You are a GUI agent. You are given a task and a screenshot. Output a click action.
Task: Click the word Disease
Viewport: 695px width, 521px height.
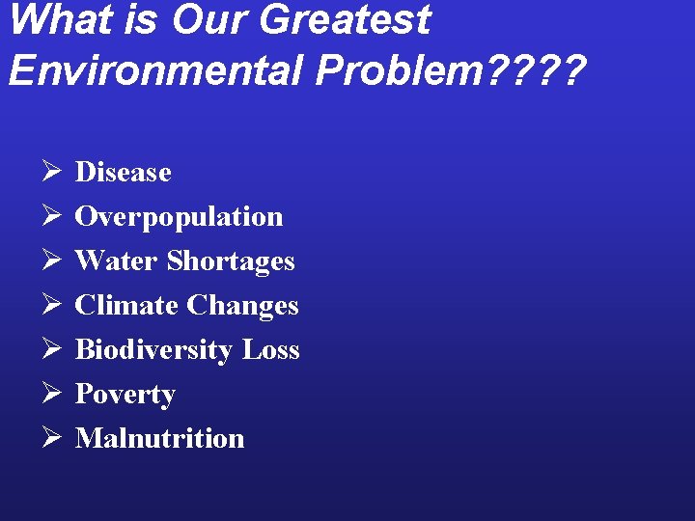pyautogui.click(x=123, y=173)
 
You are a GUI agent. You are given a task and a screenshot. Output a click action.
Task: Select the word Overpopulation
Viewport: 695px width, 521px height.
pyautogui.click(x=179, y=217)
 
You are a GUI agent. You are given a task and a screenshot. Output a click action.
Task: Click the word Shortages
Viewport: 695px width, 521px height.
pyautogui.click(x=231, y=261)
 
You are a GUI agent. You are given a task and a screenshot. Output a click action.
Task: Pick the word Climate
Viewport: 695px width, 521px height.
pyautogui.click(x=126, y=306)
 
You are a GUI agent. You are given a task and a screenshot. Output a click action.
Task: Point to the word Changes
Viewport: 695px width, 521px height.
pyautogui.click(x=242, y=306)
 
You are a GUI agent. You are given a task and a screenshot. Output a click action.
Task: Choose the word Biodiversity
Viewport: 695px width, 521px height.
pyautogui.click(x=154, y=350)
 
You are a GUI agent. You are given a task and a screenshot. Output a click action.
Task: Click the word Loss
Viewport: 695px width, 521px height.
pyautogui.click(x=270, y=350)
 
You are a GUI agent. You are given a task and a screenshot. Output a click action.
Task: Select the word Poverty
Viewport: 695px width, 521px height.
pyautogui.click(x=125, y=395)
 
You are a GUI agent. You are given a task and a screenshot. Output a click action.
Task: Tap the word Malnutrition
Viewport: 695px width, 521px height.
pyautogui.click(x=159, y=438)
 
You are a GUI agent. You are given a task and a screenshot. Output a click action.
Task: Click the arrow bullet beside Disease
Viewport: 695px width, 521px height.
pyautogui.click(x=52, y=173)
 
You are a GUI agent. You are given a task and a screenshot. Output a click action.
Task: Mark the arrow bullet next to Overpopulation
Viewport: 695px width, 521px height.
pyautogui.click(x=52, y=217)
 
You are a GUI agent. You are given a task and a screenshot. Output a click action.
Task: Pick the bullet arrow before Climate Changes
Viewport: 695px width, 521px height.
pyautogui.click(x=52, y=306)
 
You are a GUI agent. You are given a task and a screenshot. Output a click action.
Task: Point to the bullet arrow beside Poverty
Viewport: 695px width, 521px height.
pyautogui.click(x=52, y=394)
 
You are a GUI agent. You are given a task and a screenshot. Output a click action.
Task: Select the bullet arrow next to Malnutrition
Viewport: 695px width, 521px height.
pyautogui.click(x=52, y=438)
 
